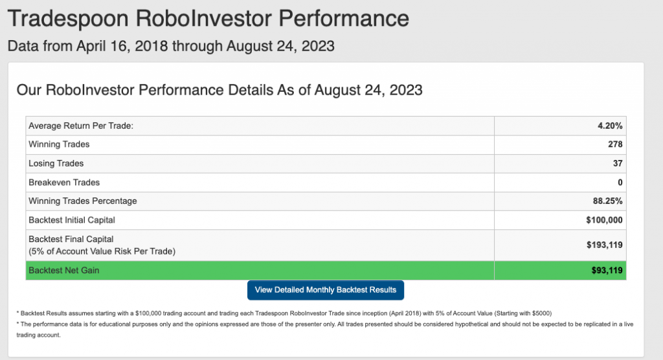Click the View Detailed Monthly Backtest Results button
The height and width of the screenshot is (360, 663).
click(x=326, y=290)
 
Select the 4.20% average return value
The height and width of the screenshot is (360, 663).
click(x=610, y=126)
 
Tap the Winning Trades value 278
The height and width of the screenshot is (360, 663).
click(x=615, y=144)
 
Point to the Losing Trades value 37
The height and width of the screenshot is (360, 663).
click(x=618, y=163)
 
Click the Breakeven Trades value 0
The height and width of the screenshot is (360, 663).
click(x=620, y=183)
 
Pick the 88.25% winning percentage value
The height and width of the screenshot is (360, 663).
click(x=607, y=201)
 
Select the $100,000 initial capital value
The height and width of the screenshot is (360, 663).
click(x=604, y=220)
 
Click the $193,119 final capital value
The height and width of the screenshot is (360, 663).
click(x=604, y=245)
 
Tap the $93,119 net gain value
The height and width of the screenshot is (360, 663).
click(x=607, y=270)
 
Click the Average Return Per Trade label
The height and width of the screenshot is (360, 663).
click(x=81, y=126)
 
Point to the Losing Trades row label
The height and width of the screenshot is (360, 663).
click(x=56, y=163)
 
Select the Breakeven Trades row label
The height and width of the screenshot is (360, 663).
click(x=64, y=183)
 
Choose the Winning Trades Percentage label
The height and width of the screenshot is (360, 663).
click(x=82, y=201)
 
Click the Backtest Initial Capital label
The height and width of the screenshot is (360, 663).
click(x=71, y=220)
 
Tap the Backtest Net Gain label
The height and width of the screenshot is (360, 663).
click(x=63, y=270)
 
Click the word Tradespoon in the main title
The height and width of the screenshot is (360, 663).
click(x=68, y=19)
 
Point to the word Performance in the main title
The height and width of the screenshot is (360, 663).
click(x=344, y=18)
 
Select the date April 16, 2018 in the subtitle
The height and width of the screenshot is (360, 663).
click(x=122, y=46)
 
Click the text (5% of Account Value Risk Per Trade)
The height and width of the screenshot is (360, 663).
click(x=102, y=251)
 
